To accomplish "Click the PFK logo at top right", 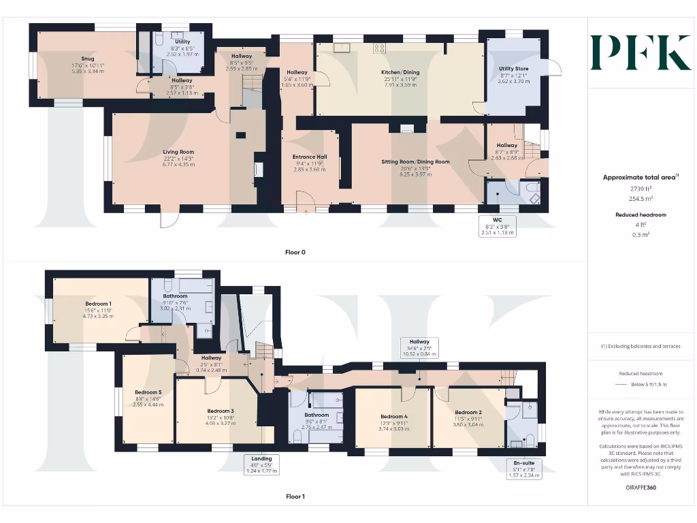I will point(641,52).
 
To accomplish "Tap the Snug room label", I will point(87,59).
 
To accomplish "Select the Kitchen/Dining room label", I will point(400,72).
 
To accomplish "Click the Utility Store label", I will point(513,69).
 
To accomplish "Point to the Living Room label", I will point(178,152).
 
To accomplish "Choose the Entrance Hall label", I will point(310,157).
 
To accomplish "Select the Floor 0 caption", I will point(295,252).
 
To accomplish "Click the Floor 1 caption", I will point(295,496).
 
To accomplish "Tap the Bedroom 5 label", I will point(148,393).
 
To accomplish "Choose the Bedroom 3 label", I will point(221,411).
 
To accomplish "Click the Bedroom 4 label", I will point(393,417).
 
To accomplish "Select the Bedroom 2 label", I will point(468,413).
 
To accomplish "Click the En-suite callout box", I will point(524,469).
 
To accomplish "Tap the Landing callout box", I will point(261,464).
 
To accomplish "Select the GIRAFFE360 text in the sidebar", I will point(640,488).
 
